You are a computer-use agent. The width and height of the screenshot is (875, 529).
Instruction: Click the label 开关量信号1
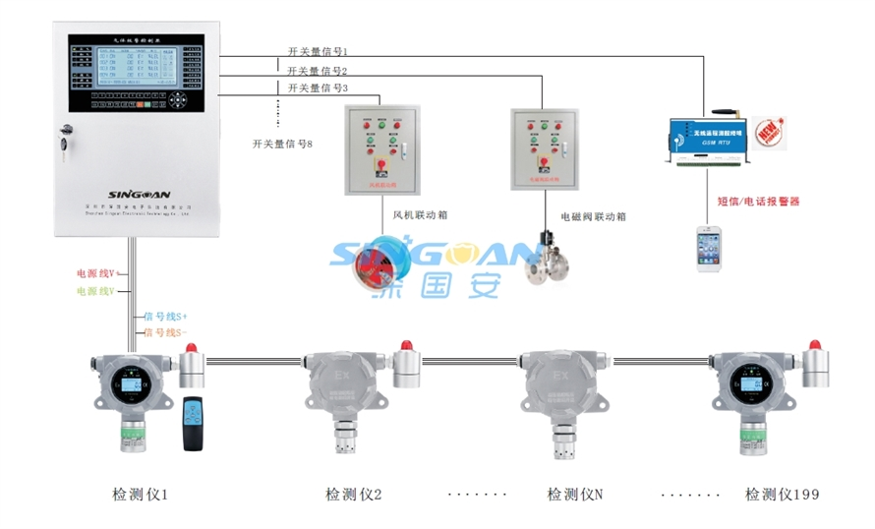(x=318, y=51)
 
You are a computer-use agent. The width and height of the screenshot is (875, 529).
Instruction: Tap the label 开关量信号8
(x=282, y=144)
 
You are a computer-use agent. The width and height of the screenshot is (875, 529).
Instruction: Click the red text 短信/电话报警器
(x=758, y=202)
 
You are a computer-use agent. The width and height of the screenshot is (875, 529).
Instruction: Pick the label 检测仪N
(x=574, y=495)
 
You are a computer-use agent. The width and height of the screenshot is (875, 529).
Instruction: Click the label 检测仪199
(x=782, y=495)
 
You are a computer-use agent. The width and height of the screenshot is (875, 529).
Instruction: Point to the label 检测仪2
(x=353, y=495)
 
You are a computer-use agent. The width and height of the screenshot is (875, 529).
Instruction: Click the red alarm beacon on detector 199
(x=814, y=349)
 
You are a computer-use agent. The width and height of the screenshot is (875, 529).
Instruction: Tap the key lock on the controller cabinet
(x=66, y=139)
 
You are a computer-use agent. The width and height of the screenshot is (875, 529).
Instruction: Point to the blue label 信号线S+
(x=165, y=317)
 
